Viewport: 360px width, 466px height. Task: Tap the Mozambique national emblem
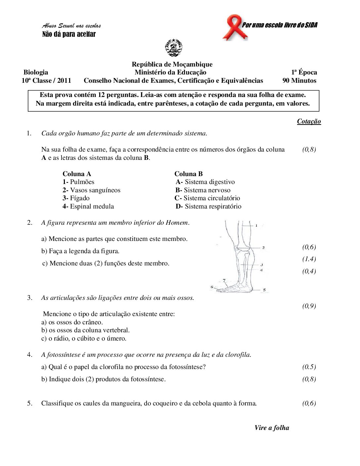coord(173,48)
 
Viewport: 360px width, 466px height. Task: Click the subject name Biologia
coord(36,72)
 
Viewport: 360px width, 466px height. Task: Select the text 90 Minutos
coord(299,80)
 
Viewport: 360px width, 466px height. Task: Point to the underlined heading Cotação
coord(309,121)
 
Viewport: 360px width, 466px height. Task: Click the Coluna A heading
coord(77,174)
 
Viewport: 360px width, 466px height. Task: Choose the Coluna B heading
coord(189,174)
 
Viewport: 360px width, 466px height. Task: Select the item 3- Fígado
coord(76,198)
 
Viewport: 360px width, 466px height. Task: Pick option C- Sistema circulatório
coord(207,198)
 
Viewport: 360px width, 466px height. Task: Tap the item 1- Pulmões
coord(78,182)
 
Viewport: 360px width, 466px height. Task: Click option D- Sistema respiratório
coord(208,206)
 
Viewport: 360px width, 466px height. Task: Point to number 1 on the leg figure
coord(256,225)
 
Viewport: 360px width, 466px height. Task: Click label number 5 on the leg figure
coord(264,290)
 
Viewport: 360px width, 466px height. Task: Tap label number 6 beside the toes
coord(212,287)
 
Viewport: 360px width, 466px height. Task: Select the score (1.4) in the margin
coord(309,259)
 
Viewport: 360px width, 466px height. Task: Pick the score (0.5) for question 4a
coord(309,367)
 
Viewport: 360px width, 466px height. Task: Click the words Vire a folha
coord(272,428)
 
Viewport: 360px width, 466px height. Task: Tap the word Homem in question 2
coord(177,222)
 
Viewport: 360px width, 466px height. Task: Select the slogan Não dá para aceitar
coord(69,34)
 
